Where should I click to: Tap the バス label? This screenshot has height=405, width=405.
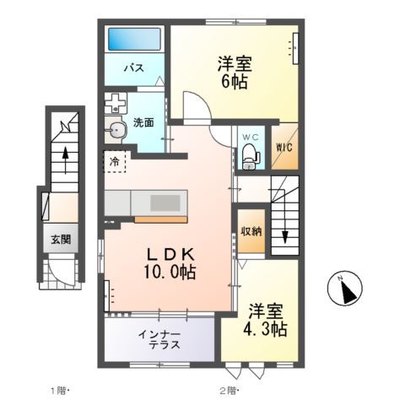click(132, 67)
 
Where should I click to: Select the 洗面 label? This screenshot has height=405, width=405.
click(143, 121)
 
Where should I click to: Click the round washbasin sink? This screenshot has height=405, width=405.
click(116, 130)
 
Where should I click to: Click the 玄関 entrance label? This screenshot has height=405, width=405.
click(59, 239)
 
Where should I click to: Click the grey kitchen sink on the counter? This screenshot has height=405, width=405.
click(167, 202)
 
